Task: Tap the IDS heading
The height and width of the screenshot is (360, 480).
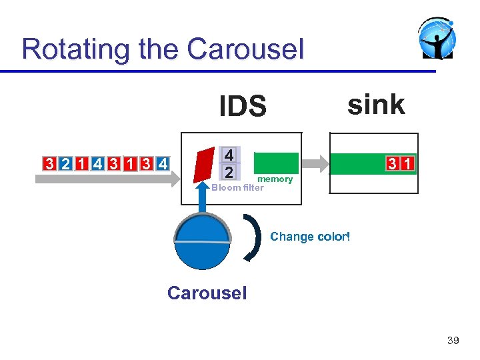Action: (x=243, y=107)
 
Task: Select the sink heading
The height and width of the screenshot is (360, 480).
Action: (x=375, y=105)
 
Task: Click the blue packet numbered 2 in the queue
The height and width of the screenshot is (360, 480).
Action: (x=65, y=164)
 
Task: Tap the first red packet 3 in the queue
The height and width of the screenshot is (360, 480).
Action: (x=49, y=164)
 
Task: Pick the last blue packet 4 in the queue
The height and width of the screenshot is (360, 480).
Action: (x=163, y=164)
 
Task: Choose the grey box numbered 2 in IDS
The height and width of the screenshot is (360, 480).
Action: (x=229, y=172)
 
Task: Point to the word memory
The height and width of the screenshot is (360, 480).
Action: (x=275, y=179)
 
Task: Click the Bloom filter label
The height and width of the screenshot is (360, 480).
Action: (x=238, y=187)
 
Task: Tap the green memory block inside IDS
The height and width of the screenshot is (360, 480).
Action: (x=276, y=163)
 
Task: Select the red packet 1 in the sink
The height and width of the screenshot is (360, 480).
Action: (x=407, y=164)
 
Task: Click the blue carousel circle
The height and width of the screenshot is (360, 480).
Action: (x=202, y=243)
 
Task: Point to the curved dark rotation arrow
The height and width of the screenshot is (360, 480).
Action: (x=254, y=237)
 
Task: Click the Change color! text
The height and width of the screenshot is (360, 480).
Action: (x=310, y=237)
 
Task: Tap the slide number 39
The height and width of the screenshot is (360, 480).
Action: (x=453, y=341)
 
